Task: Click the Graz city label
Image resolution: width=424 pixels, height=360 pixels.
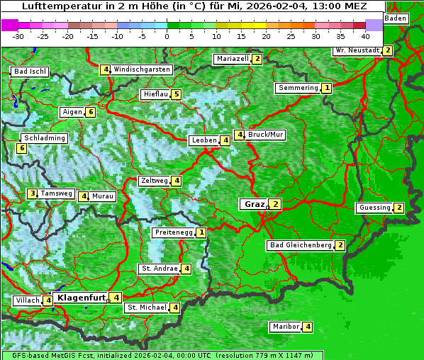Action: point(255,204)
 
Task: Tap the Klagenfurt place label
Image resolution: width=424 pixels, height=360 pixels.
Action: point(82,298)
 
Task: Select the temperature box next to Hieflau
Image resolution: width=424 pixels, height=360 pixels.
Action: point(177,94)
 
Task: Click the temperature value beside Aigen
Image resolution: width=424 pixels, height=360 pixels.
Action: point(90,112)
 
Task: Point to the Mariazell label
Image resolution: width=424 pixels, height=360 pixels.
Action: point(233,59)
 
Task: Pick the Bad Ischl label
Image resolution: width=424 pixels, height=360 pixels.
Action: point(30,72)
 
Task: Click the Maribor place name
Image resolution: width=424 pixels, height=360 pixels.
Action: point(285,327)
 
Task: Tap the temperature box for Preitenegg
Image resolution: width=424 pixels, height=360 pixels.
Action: point(202,232)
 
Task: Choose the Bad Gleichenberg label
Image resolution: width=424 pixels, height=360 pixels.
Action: point(301,245)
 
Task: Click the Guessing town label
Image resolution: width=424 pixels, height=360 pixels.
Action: point(374,208)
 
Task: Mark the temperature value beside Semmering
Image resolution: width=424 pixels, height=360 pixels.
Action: point(326,88)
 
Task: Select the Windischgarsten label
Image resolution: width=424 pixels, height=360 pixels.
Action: point(142,69)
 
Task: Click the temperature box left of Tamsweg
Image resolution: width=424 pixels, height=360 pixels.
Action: point(32,193)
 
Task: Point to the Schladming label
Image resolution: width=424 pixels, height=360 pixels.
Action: point(44,138)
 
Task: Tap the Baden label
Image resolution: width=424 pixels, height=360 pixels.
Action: point(396,18)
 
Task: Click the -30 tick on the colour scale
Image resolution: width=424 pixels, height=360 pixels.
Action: point(18,35)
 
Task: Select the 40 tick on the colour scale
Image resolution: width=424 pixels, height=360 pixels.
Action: point(365,35)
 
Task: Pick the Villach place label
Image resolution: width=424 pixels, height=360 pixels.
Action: point(28,300)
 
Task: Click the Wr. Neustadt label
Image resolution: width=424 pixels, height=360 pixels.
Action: point(357,50)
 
